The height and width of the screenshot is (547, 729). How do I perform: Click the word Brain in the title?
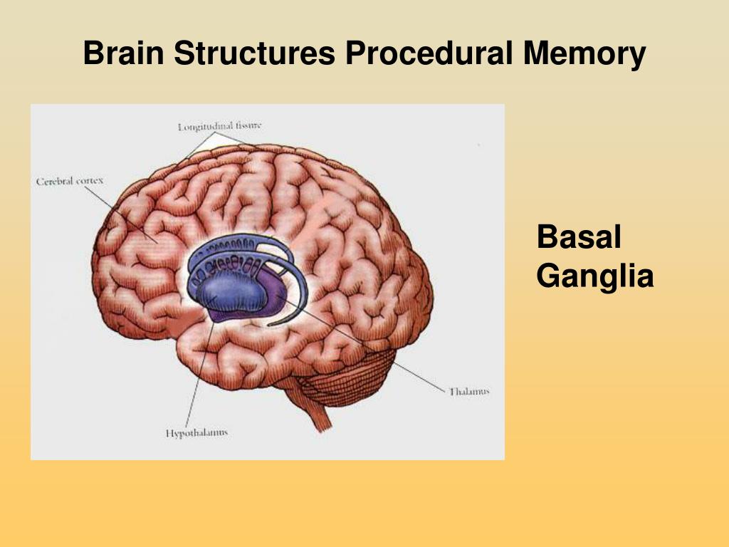click(123, 54)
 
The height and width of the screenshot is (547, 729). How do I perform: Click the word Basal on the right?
click(579, 237)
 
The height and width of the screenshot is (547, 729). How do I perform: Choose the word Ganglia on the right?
click(594, 276)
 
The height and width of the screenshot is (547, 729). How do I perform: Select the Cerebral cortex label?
click(70, 181)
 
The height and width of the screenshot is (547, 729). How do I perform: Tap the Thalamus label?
click(468, 392)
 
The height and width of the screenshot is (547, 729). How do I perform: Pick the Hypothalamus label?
click(196, 432)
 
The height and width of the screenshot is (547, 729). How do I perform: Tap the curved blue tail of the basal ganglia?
click(300, 299)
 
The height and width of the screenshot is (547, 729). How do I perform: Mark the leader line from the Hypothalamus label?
click(196, 377)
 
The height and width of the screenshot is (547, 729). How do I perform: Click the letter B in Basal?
click(546, 237)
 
